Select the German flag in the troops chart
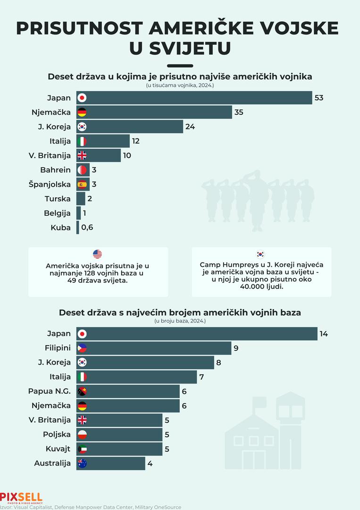coord(82,112)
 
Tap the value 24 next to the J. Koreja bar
coord(190,127)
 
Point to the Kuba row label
coord(61,228)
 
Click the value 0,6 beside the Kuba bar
coord(87,228)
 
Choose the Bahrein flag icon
coord(82,170)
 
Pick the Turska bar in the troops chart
coord(81,199)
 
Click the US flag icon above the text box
coord(98,254)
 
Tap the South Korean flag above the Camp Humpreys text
coord(261,254)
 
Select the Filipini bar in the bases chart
coord(154,348)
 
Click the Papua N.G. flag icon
coord(82,391)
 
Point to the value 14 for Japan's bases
coord(324,334)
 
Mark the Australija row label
coord(52,463)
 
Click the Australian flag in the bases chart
coord(82,463)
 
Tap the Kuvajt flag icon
coord(82,449)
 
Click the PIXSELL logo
coord(21,497)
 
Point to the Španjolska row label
coord(50,184)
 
